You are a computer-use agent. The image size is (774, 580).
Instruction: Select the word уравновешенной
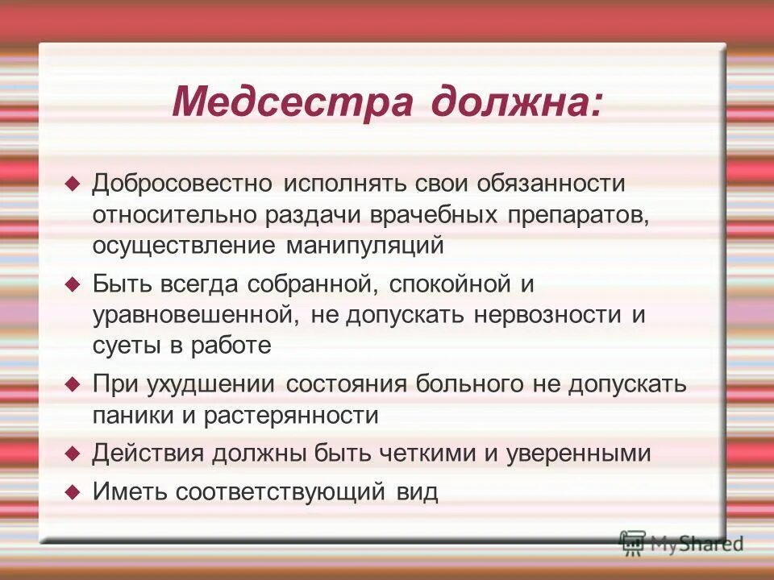[197, 314]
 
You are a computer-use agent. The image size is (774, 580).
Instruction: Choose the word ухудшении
[212, 384]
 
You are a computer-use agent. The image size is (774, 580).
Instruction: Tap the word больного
[470, 384]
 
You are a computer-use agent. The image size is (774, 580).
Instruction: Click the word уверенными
[578, 454]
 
